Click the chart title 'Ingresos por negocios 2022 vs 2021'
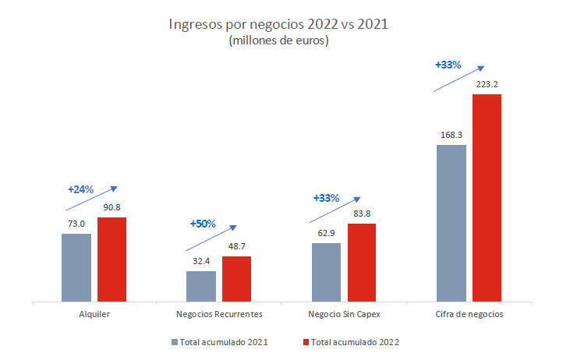(278, 24)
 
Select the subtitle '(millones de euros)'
(278, 41)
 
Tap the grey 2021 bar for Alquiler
(76, 266)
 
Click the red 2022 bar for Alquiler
(112, 259)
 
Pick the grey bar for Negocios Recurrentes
(201, 285)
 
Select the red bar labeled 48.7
(236, 278)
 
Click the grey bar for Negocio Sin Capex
(326, 271)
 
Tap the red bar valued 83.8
(362, 262)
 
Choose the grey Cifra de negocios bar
(451, 222)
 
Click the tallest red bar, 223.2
(487, 197)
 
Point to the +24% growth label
(80, 189)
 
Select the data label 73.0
(76, 224)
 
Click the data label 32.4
(201, 261)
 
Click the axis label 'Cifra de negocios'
(469, 314)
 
